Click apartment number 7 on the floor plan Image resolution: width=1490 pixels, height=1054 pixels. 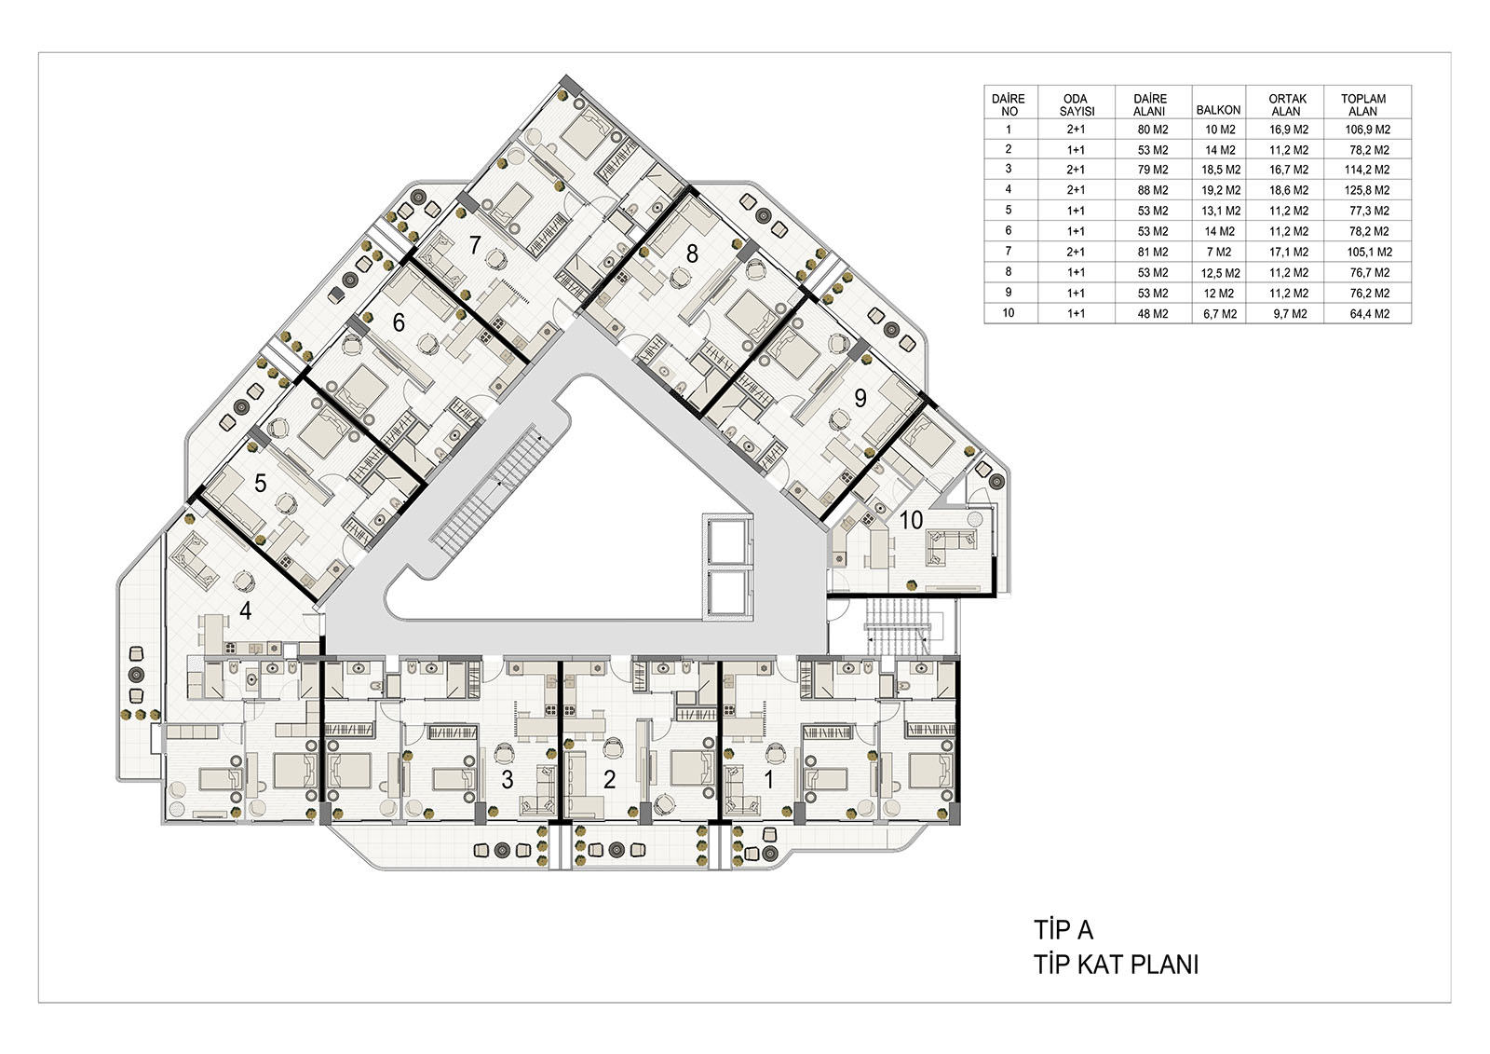tap(474, 245)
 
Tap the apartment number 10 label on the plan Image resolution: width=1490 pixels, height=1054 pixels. tap(911, 520)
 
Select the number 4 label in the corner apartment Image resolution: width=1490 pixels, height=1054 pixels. tap(246, 610)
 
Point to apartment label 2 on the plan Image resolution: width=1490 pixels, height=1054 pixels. tap(609, 780)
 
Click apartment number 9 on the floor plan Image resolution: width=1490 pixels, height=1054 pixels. tap(860, 398)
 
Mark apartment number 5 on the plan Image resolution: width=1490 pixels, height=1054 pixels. tap(260, 483)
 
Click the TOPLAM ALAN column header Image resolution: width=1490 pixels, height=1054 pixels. tap(1363, 104)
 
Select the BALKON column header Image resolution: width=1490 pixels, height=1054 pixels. tap(1219, 111)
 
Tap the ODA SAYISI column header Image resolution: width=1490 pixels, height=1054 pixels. tap(1077, 104)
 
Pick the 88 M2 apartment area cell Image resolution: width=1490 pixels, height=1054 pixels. tap(1153, 190)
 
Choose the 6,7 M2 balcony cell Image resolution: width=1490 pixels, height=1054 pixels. tap(1220, 314)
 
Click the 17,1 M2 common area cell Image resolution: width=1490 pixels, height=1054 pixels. tap(1289, 253)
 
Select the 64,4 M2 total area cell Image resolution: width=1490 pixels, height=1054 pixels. tap(1370, 314)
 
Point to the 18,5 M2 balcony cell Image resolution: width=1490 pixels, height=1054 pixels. tap(1221, 170)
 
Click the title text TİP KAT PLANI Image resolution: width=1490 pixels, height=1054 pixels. tap(1117, 965)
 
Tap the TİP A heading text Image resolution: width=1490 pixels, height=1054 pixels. tap(1063, 930)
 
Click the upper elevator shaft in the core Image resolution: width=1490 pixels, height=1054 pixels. tap(728, 542)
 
